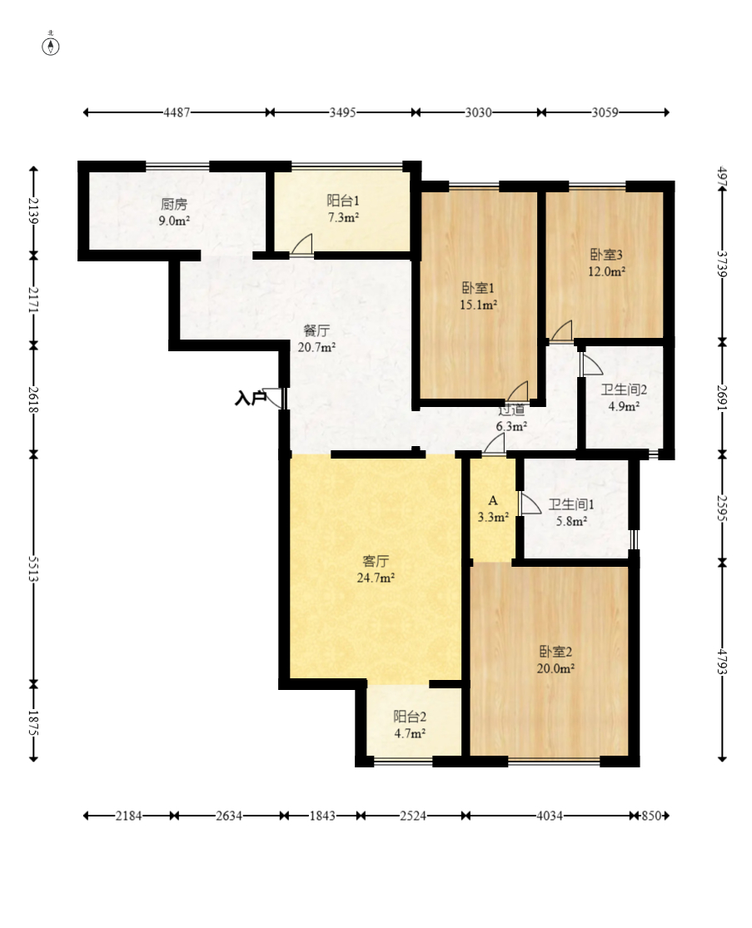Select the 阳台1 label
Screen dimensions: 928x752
coord(342,201)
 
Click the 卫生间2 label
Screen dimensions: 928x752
coord(624,390)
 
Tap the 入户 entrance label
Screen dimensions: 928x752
coord(250,399)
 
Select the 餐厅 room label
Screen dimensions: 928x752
coord(316,330)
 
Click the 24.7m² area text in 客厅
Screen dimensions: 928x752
coord(376,578)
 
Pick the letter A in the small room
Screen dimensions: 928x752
coord(492,501)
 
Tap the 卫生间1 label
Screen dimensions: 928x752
coord(570,504)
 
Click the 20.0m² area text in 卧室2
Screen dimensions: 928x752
coord(555,667)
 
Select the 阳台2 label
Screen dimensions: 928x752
coord(410,717)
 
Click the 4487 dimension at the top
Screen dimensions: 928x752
coord(177,112)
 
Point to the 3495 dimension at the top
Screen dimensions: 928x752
coord(342,112)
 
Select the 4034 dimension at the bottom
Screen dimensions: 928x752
coord(548,816)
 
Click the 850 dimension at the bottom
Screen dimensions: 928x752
coord(651,816)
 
